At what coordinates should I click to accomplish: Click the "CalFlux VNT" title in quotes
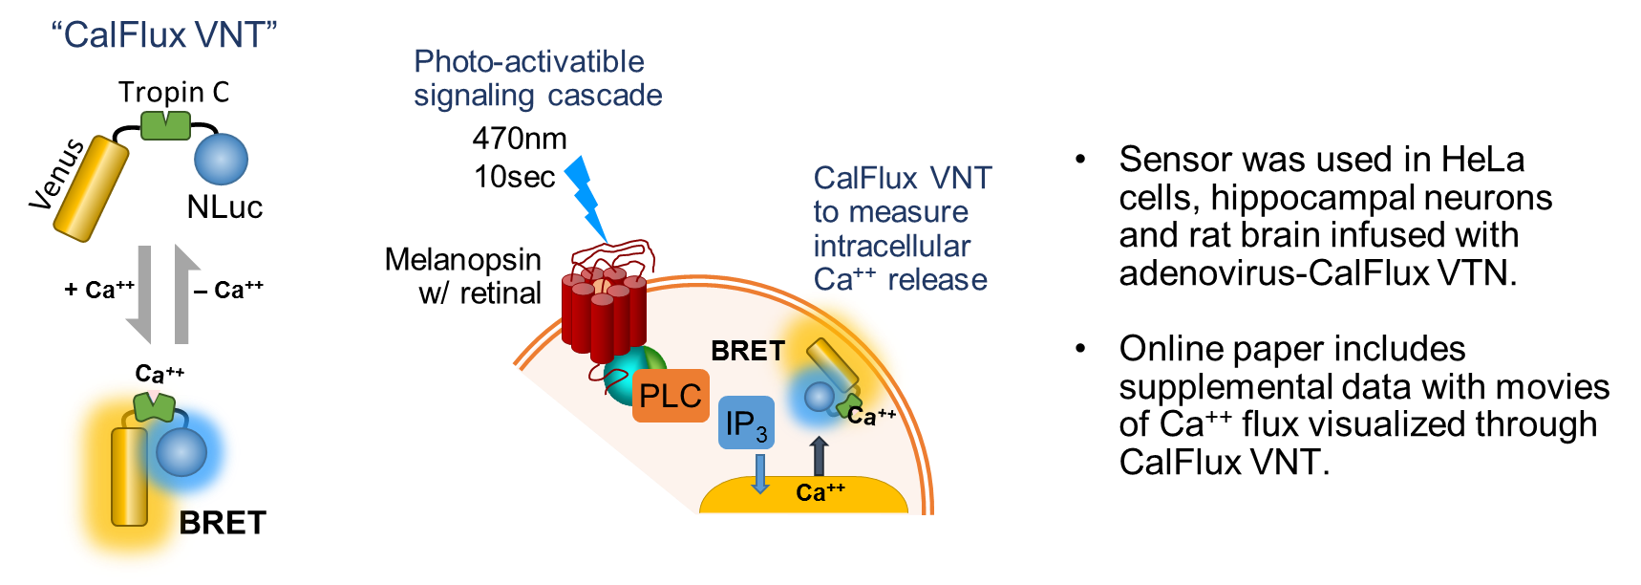click(163, 35)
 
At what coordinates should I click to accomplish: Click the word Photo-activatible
click(528, 62)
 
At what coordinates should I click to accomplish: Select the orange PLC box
click(671, 396)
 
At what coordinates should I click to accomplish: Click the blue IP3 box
click(746, 422)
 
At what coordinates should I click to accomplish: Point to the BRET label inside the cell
click(747, 351)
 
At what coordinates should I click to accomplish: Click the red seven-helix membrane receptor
click(603, 306)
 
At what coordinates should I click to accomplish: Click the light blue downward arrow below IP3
click(760, 473)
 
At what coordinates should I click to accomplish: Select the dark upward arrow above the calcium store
click(819, 456)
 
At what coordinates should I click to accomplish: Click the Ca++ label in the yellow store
click(820, 492)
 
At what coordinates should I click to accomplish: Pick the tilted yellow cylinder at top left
click(91, 188)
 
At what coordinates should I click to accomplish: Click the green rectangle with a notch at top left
click(165, 125)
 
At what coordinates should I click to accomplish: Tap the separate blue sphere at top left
click(221, 159)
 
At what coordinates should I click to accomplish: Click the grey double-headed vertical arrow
click(163, 292)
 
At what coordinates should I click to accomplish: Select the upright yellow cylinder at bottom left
click(129, 476)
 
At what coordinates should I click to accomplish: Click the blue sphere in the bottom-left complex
click(181, 452)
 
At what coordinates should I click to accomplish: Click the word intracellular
click(891, 247)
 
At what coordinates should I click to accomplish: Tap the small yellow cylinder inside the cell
click(833, 364)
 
